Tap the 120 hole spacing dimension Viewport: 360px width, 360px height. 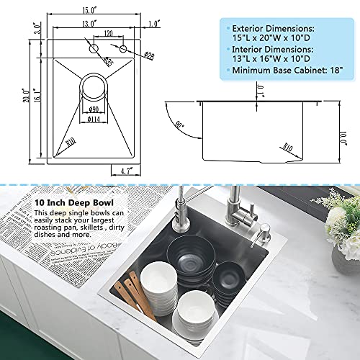point(107,34)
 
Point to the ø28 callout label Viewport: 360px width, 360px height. point(150,55)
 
